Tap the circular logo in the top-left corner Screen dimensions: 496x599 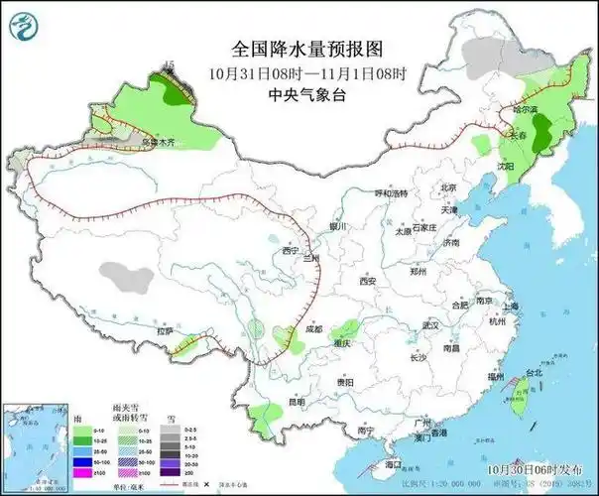[x=30, y=29]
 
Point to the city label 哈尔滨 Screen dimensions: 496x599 [x=525, y=109]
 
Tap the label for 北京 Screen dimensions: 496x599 [x=448, y=187]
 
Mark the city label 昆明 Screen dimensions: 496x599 [x=297, y=402]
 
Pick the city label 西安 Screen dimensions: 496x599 [x=368, y=282]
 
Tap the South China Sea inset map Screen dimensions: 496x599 [x=34, y=436]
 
